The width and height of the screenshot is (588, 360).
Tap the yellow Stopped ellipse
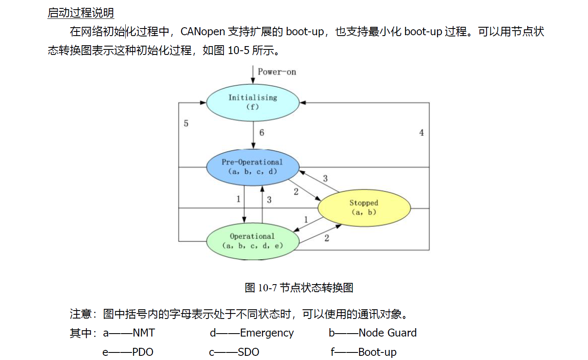coord(364,207)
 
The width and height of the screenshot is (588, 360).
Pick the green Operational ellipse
coord(253,241)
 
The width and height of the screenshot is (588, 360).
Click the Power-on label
coord(277,72)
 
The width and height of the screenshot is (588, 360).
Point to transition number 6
coord(262,133)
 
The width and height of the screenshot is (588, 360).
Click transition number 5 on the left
coord(186,123)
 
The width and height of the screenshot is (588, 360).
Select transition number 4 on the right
coord(421,133)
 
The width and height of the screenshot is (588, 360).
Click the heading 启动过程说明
coord(80,13)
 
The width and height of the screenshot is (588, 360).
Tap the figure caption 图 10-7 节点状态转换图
coord(299,287)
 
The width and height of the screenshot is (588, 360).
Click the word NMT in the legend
coord(144,333)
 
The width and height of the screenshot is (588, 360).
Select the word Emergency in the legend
coord(267,333)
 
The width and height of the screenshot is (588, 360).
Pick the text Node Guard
coord(388,333)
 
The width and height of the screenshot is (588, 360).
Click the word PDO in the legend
coord(142,352)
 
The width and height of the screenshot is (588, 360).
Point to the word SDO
coord(249,352)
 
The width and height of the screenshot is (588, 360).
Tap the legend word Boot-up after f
coord(377,352)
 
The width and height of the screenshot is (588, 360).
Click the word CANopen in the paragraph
coord(203,31)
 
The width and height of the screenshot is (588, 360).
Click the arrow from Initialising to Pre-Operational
coord(253,135)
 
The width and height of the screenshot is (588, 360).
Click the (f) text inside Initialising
coord(252,107)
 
